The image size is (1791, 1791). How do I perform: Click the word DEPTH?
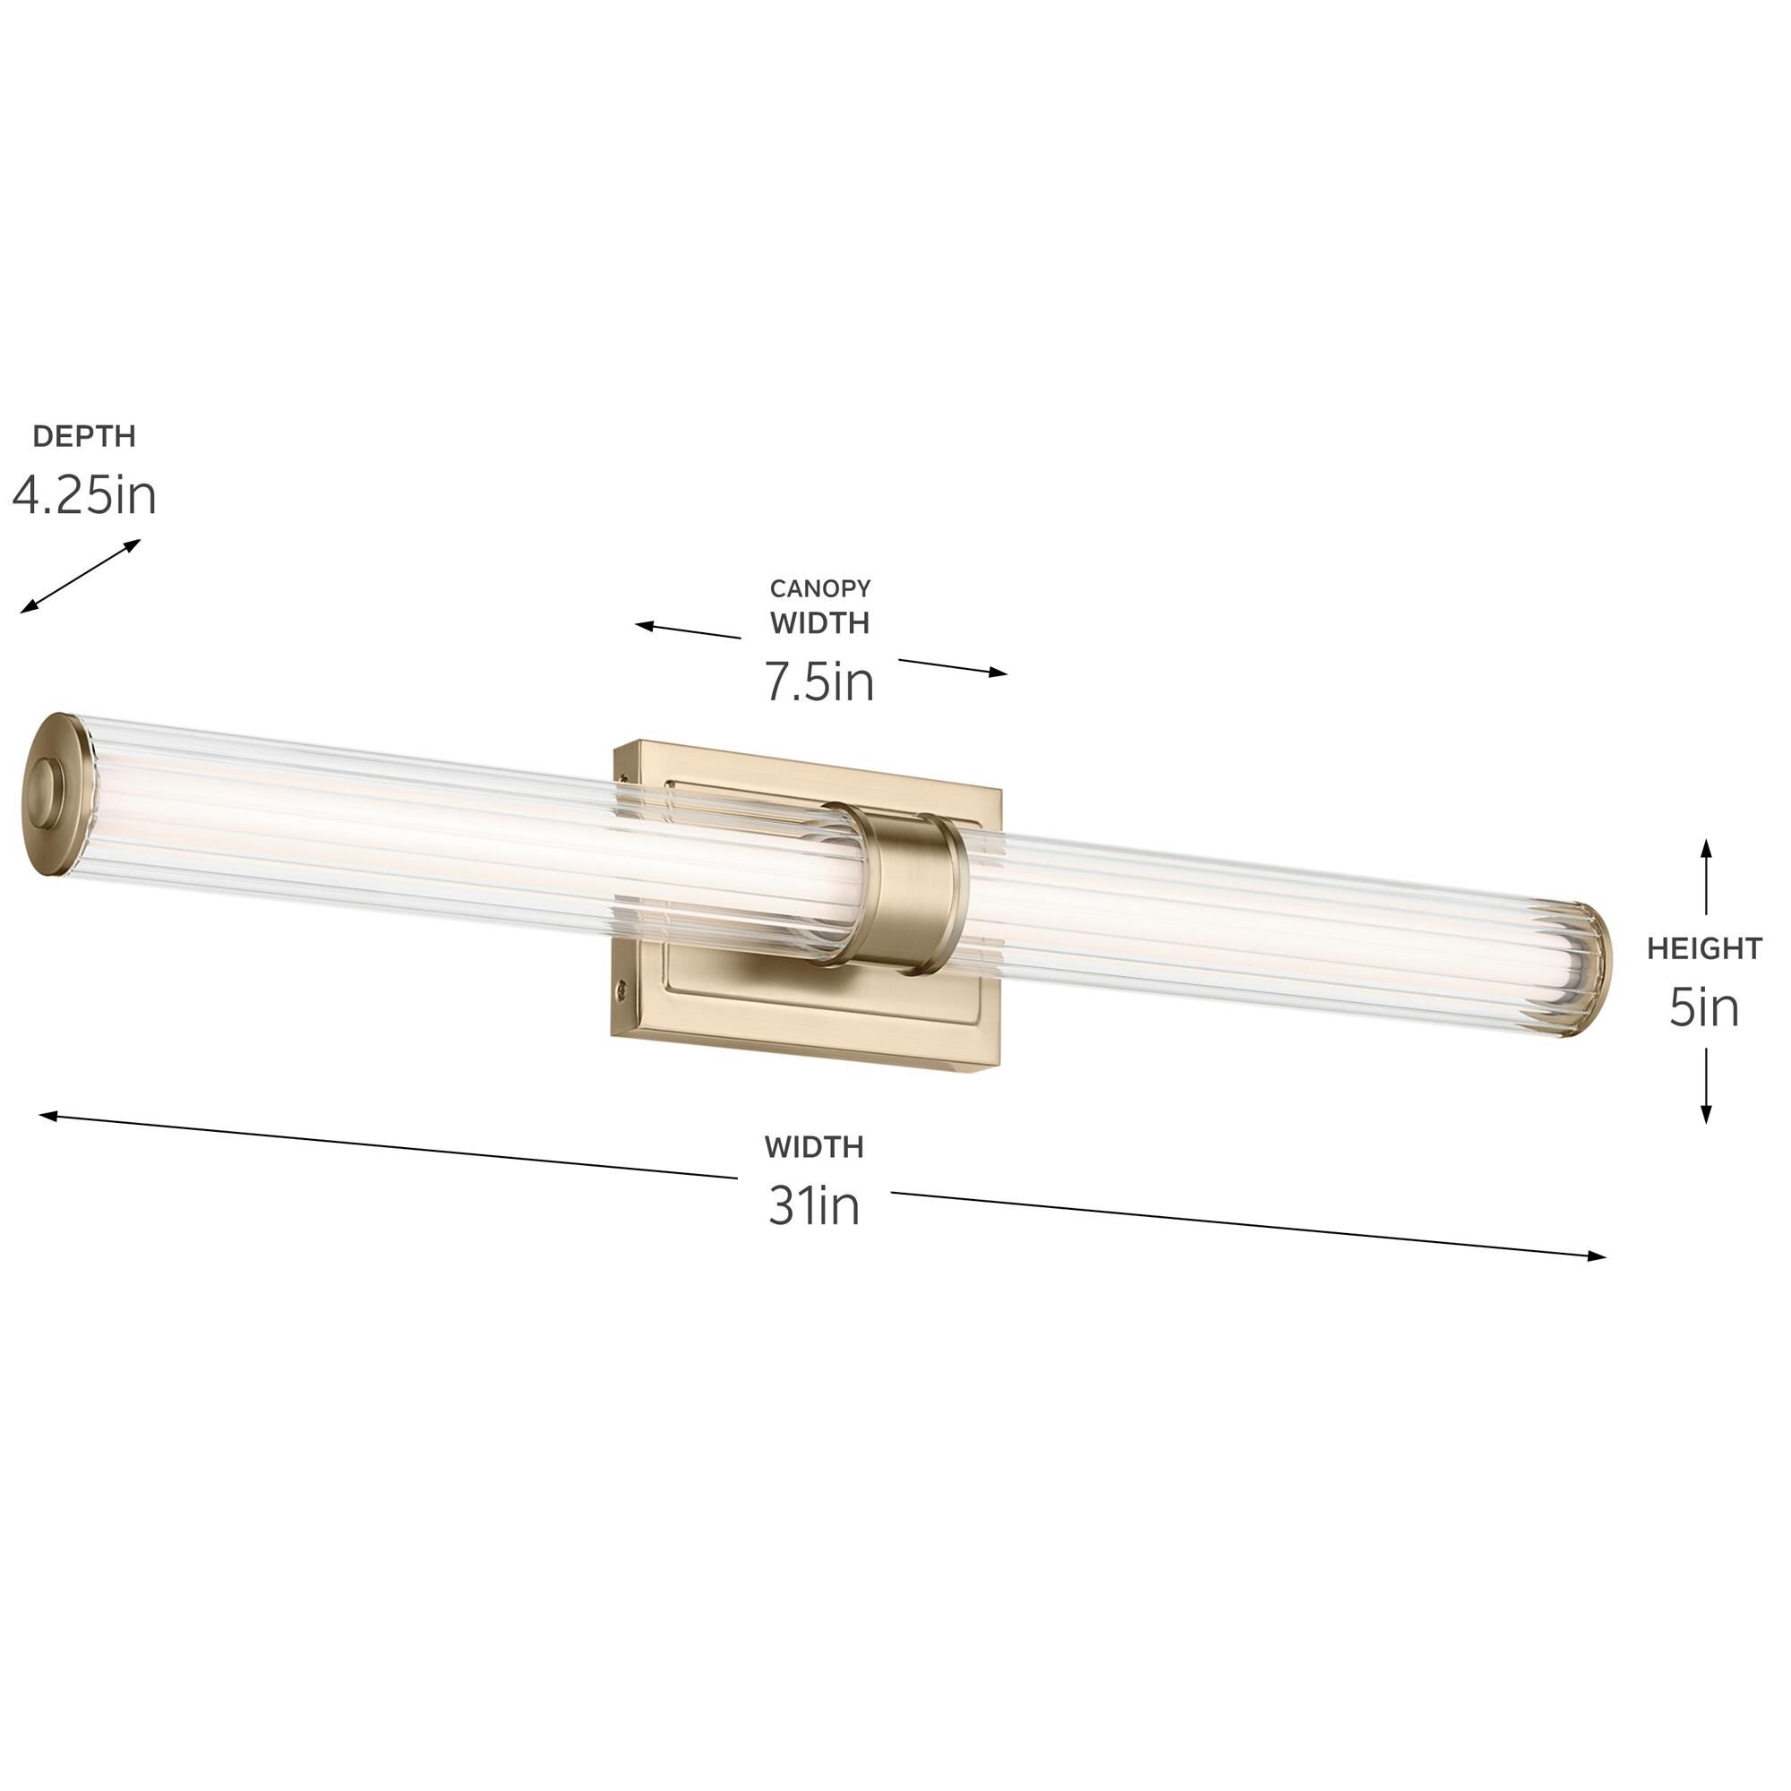point(83,436)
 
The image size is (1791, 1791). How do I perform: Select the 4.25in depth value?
point(83,495)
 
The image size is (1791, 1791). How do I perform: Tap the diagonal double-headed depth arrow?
point(81,576)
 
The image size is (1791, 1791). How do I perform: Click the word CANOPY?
point(819,588)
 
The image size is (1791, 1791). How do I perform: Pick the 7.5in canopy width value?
point(819,681)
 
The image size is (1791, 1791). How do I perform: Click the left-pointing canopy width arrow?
point(687,630)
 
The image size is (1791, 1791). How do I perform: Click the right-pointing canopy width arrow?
point(952,666)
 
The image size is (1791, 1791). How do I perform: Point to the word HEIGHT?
point(1704,948)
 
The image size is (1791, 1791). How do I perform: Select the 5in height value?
point(1704,1007)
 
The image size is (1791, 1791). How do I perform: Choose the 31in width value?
point(814,1205)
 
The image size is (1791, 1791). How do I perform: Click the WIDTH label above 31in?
point(814,1148)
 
